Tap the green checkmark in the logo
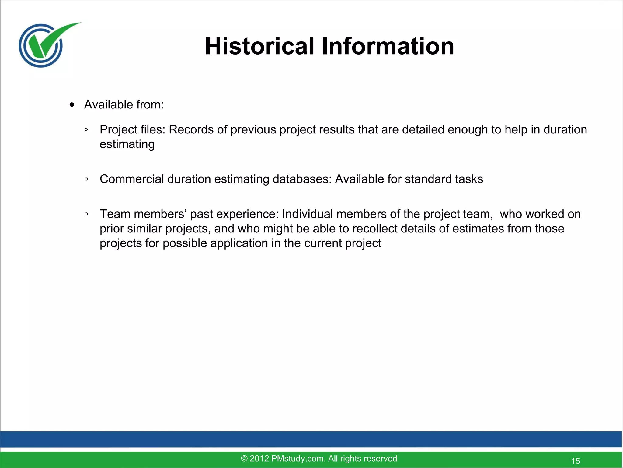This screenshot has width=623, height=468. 52,40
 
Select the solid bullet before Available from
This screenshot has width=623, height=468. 72,105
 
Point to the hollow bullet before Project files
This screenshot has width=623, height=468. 86,130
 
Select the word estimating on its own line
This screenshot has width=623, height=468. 127,144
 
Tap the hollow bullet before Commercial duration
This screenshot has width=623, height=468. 86,179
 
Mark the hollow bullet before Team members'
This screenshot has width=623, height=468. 86,214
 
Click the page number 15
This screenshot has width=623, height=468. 576,461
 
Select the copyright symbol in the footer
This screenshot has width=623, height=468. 244,459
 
